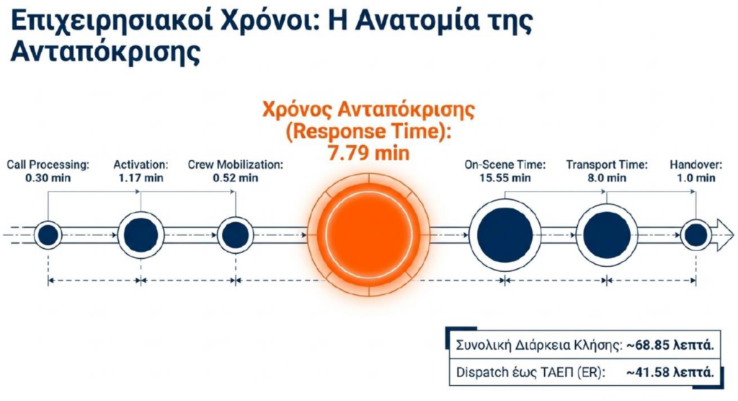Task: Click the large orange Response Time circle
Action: coord(368,234)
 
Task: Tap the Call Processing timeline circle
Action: coord(48,234)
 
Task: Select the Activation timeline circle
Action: coord(141,234)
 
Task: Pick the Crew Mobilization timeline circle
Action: coord(236,234)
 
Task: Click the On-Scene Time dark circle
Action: coord(504,234)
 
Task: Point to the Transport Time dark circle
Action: coord(607,234)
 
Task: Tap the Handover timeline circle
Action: coord(695,234)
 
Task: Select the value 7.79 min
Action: coord(368,153)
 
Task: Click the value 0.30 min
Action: coord(48,178)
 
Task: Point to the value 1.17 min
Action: coord(141,178)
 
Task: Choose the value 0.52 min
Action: coord(236,178)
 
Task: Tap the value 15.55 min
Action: coord(505,178)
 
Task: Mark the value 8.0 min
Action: coord(607,178)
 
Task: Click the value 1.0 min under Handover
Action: coord(695,178)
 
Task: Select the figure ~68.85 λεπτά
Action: coord(670,345)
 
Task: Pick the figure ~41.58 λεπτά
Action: coord(670,372)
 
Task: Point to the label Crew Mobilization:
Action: coord(236,165)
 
